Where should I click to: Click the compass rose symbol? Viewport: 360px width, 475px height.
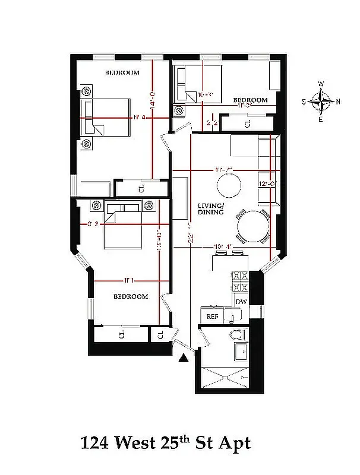tap(321, 102)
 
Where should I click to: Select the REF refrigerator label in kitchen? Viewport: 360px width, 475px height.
tap(211, 316)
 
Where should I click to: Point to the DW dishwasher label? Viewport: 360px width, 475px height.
tap(241, 302)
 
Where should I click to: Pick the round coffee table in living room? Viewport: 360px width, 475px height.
tap(228, 185)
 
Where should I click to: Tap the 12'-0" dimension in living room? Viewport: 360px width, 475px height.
tap(266, 184)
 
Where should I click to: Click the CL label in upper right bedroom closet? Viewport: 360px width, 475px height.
tap(247, 123)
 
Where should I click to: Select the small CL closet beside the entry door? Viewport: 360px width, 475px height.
tap(160, 335)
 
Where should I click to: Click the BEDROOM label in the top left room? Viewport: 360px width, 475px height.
tap(122, 73)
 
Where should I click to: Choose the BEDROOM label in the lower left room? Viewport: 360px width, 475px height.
tap(131, 296)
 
